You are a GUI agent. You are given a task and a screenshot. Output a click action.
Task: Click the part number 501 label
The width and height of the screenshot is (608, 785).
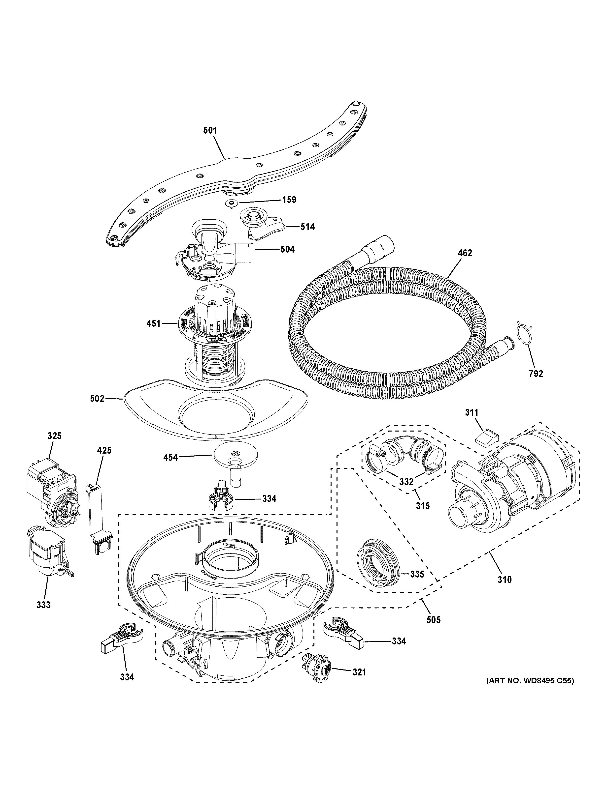(210, 130)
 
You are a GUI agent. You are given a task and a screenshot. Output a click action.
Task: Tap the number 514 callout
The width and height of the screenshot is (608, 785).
(307, 227)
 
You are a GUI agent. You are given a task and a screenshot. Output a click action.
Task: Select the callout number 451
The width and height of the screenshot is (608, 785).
(153, 323)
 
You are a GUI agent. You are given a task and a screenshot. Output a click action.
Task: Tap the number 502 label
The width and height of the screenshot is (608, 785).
(97, 398)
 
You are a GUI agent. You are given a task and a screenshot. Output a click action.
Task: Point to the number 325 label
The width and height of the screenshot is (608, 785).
(54, 436)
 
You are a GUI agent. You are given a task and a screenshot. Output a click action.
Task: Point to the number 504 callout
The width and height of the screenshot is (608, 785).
(287, 249)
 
